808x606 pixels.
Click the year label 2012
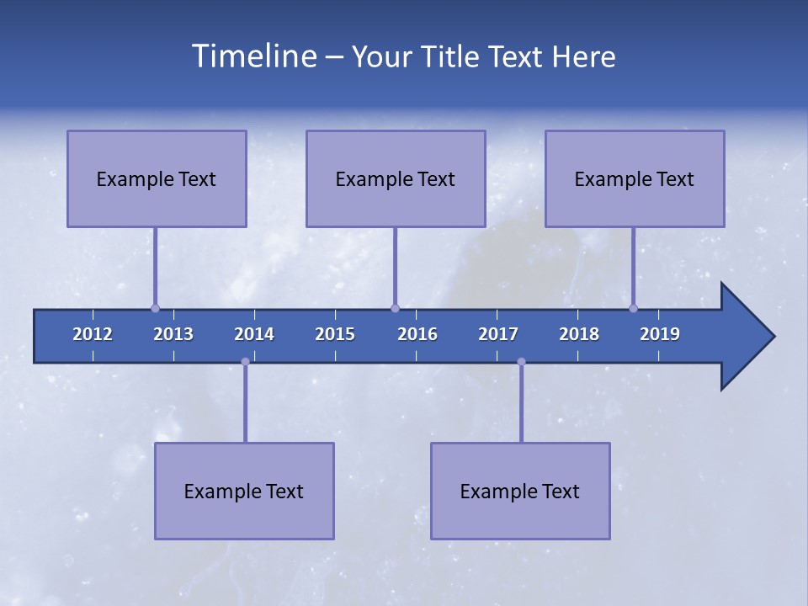point(93,334)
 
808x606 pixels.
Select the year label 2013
point(173,334)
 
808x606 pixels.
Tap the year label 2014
point(254,334)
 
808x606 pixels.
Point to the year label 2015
point(335,334)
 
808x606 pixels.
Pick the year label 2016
point(417,334)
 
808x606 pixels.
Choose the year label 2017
point(498,334)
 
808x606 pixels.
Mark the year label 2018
point(579,334)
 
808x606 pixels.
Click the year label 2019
point(660,334)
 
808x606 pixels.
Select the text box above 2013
point(157,178)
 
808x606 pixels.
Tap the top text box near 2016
point(396,178)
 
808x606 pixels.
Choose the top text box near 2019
point(635,178)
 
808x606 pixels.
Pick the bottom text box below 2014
point(244,491)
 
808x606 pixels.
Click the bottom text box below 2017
point(520,491)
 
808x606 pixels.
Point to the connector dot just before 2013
point(155,308)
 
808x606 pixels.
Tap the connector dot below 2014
point(245,362)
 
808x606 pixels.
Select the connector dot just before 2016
point(395,308)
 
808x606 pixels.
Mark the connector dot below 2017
point(521,362)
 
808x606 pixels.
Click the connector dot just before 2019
point(633,308)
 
